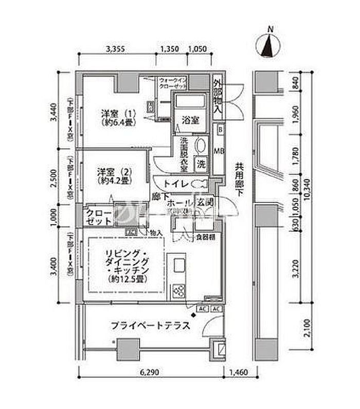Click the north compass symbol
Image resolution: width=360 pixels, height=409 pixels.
pos(268,44)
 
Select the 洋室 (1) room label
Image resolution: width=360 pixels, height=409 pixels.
pos(112,118)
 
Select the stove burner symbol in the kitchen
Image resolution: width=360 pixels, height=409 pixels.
pos(181,291)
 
